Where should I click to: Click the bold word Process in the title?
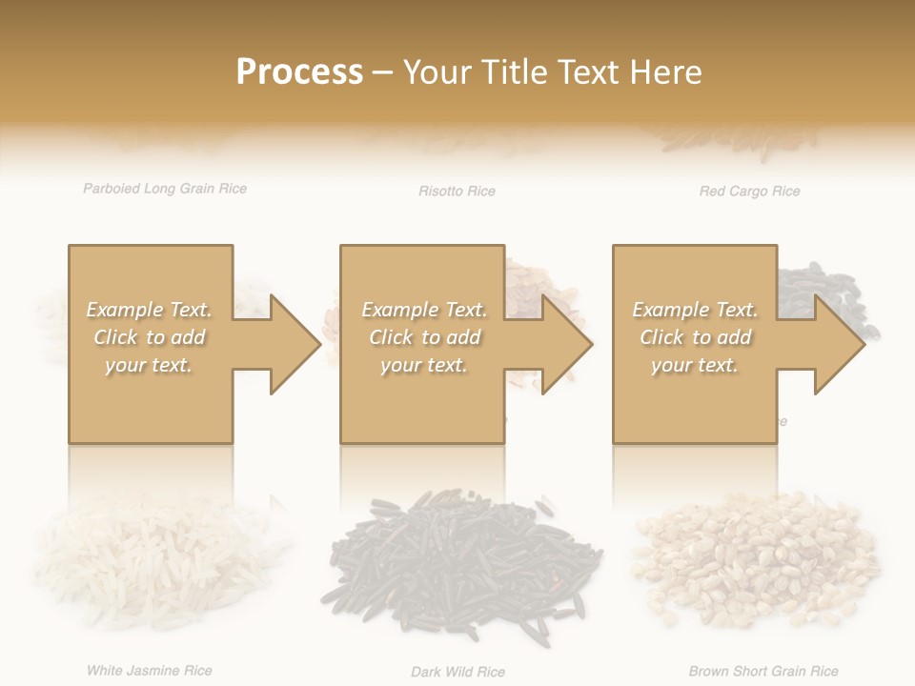tap(299, 71)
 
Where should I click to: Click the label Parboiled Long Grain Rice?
tap(165, 189)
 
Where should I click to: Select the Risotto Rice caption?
tap(457, 192)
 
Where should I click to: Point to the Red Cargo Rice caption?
tap(749, 192)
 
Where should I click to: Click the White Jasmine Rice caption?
tap(150, 671)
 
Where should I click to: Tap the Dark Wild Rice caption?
tap(457, 672)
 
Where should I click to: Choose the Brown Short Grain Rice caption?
tap(763, 672)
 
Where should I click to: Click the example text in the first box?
tap(149, 337)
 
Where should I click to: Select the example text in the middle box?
tap(423, 337)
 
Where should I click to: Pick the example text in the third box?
tap(695, 337)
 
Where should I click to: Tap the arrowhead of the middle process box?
tap(566, 344)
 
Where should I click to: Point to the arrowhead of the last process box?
tap(839, 344)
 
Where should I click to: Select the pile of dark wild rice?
tap(464, 562)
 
